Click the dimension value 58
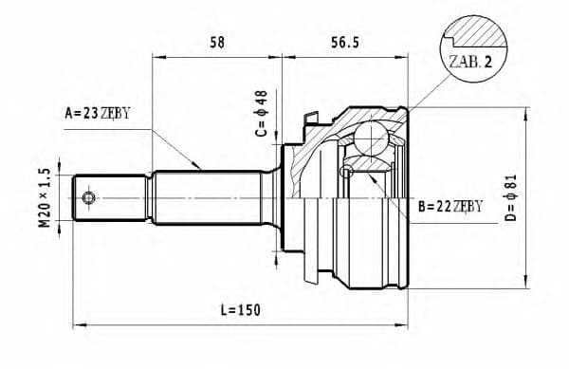tap(216, 41)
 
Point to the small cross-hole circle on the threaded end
tap(88, 197)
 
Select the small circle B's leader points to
tap(346, 172)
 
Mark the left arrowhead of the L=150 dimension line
tap(78, 324)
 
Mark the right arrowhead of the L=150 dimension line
tap(405, 324)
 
